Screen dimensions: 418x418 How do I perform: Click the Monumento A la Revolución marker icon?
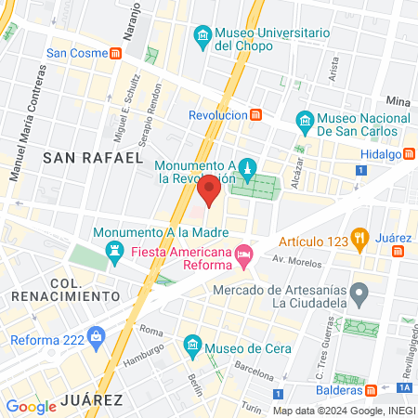pos(246,169)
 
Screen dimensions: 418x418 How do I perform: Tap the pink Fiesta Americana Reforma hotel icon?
pos(243,253)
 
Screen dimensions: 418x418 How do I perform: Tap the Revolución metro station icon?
pos(256,115)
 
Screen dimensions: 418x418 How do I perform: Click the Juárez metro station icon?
pos(398,250)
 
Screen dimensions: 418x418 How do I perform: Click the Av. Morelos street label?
pos(289,257)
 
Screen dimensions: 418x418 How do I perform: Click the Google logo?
pos(31,406)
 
